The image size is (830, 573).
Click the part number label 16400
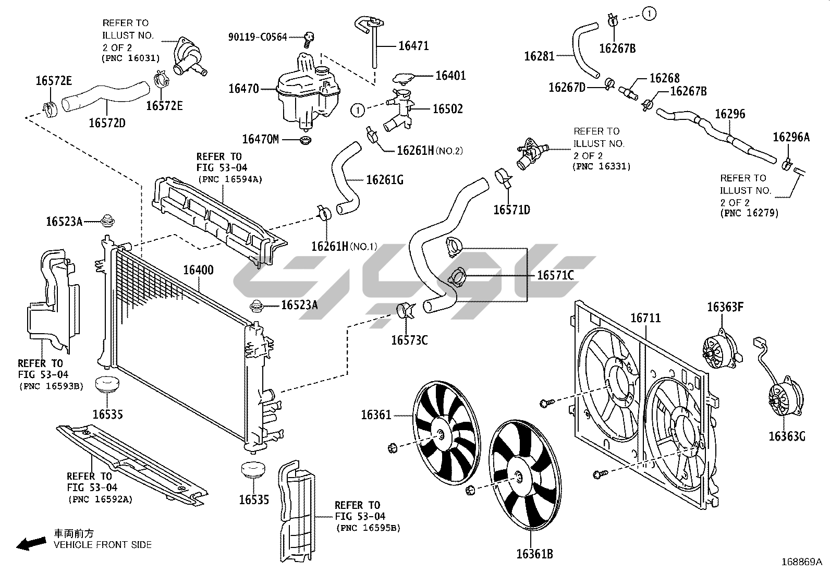click(x=198, y=270)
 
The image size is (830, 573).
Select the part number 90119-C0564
click(x=258, y=36)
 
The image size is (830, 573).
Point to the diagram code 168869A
click(x=802, y=562)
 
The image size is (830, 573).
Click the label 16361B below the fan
click(x=535, y=554)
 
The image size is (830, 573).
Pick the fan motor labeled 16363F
click(x=722, y=349)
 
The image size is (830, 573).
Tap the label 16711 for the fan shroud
click(x=645, y=318)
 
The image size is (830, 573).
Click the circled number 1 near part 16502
click(x=358, y=110)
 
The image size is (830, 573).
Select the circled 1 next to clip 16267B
click(x=649, y=14)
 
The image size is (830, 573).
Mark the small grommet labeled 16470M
click(x=306, y=140)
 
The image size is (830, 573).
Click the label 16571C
click(x=555, y=275)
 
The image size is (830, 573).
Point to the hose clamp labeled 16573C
click(x=406, y=312)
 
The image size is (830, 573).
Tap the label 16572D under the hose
click(x=107, y=123)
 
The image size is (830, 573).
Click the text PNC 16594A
click(x=230, y=179)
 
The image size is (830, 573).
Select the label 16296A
click(x=791, y=137)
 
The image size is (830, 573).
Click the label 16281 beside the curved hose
click(x=539, y=56)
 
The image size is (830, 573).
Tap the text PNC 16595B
click(x=368, y=528)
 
